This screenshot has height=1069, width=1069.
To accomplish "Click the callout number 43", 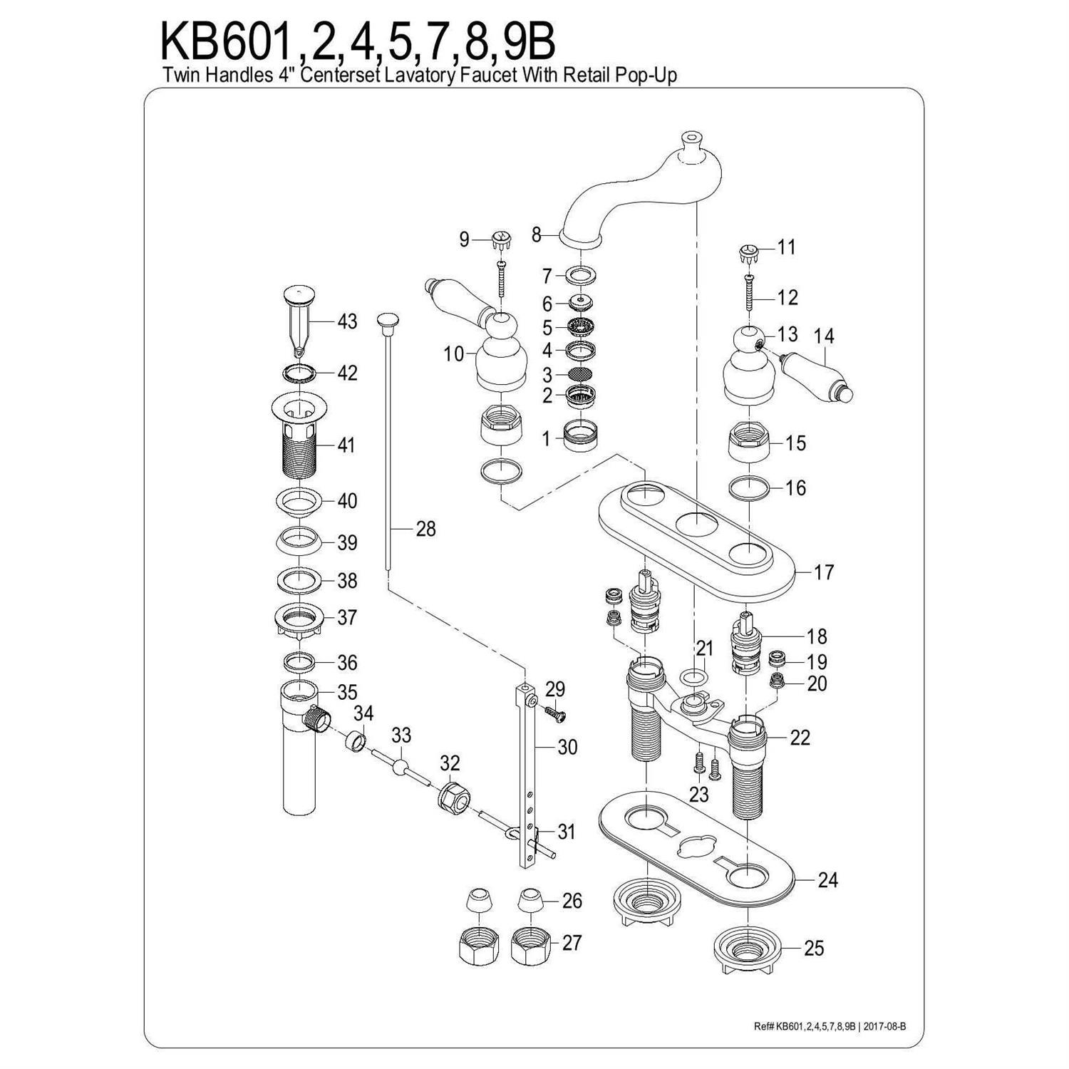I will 347,321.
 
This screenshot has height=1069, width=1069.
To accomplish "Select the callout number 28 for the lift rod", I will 425,529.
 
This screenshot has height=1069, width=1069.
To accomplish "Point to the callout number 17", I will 824,572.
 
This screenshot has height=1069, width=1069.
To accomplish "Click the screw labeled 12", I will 749,293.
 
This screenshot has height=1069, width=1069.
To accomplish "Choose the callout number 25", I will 814,948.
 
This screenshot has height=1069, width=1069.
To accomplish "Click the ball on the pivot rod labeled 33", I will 402,768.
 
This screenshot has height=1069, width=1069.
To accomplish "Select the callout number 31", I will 566,832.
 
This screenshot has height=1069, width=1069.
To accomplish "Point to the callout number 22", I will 800,737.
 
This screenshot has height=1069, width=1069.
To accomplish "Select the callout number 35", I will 347,692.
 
